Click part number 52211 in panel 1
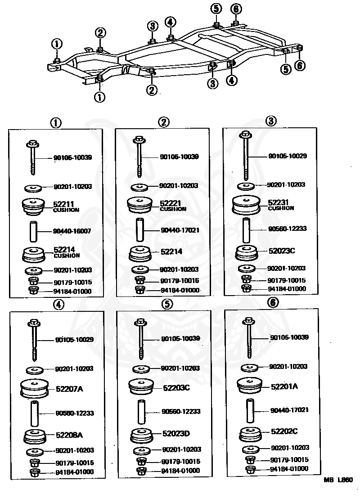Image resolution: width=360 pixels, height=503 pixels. [x=63, y=204]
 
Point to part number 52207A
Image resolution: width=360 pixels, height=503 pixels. [x=69, y=389]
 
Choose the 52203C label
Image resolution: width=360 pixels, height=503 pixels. [x=176, y=388]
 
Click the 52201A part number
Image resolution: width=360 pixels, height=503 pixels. [x=284, y=386]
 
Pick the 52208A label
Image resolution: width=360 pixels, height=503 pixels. [x=69, y=435]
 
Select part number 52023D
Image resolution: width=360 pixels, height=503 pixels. [x=176, y=434]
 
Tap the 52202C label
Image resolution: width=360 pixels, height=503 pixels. [x=284, y=431]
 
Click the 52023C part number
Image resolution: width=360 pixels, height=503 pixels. [x=282, y=251]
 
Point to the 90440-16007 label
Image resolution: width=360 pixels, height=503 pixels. [x=72, y=231]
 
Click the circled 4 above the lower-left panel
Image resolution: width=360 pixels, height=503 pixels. [x=58, y=305]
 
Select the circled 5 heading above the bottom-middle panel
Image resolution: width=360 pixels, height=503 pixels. [x=167, y=304]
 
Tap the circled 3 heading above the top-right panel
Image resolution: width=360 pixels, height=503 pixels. [x=271, y=121]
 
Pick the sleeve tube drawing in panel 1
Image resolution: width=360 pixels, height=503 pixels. [x=33, y=231]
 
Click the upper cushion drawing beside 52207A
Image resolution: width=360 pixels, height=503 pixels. [x=34, y=389]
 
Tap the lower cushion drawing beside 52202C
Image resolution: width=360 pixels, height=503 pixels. [x=250, y=434]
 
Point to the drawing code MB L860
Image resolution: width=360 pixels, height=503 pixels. [x=338, y=480]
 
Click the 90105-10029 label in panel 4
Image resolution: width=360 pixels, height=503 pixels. [x=74, y=339]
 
